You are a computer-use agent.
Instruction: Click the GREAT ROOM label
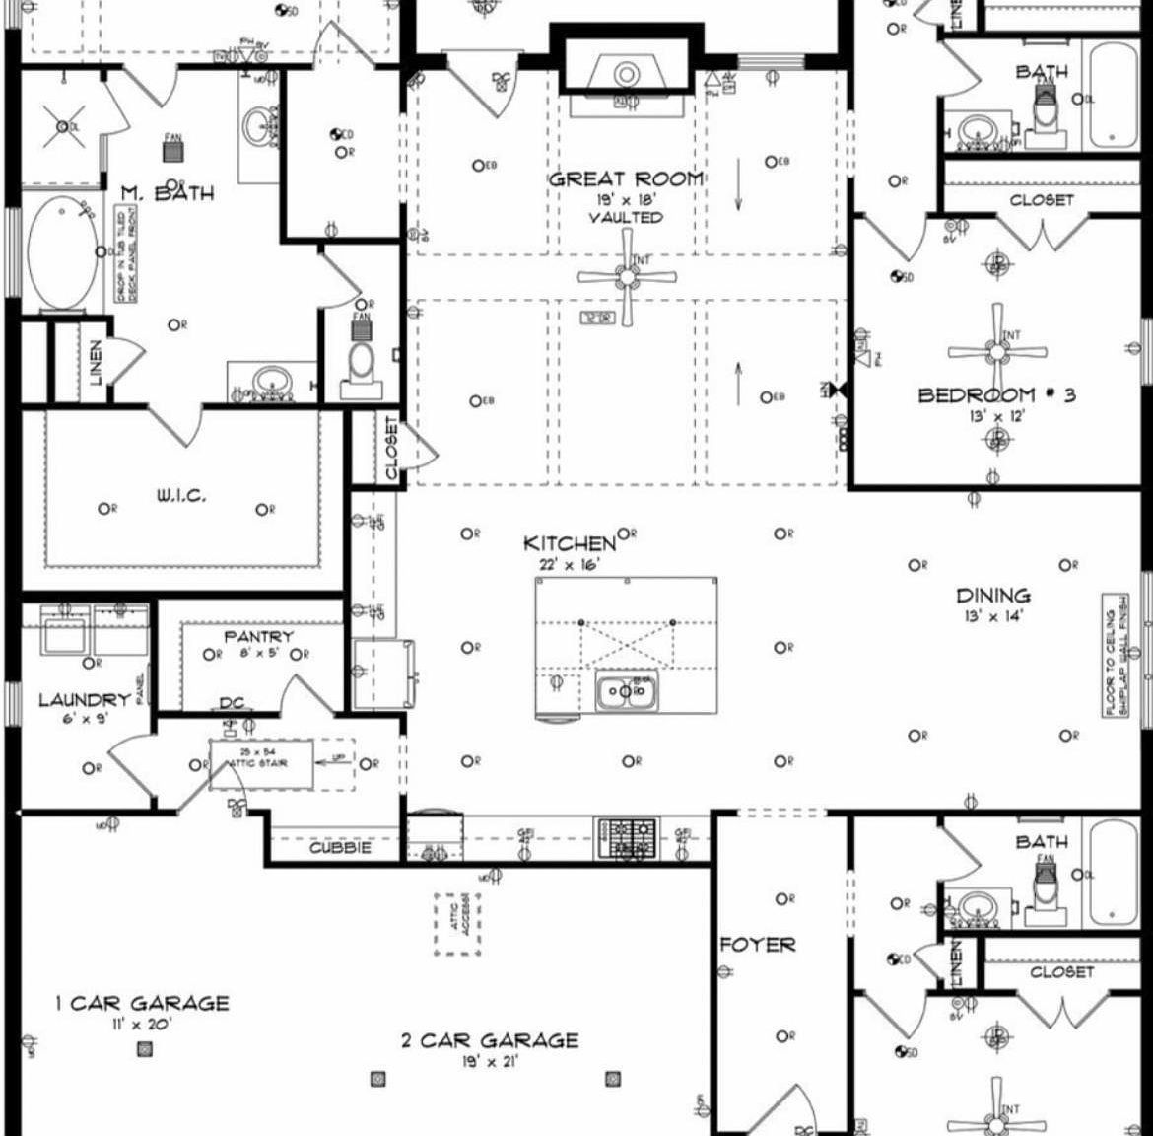[626, 179]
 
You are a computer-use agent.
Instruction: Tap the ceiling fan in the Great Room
[627, 277]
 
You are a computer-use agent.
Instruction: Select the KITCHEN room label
[569, 543]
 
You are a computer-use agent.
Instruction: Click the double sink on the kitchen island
[626, 693]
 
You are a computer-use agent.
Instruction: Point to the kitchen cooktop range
[626, 839]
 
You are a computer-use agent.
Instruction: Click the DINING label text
[993, 596]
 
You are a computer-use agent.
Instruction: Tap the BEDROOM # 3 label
[996, 395]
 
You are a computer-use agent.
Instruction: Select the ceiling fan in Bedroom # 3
[997, 350]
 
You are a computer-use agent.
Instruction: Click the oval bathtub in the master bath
[62, 252]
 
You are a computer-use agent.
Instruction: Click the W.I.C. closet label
[181, 496]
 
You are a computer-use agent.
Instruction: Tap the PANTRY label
[258, 637]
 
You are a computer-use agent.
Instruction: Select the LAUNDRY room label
[85, 700]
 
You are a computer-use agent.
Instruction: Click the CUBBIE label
[340, 848]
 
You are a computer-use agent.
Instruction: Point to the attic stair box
[261, 763]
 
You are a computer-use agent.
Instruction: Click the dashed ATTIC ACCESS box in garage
[458, 924]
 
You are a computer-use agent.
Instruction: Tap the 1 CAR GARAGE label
[142, 1004]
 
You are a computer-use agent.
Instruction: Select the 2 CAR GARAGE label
[490, 1040]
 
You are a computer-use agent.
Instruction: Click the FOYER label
[757, 945]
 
